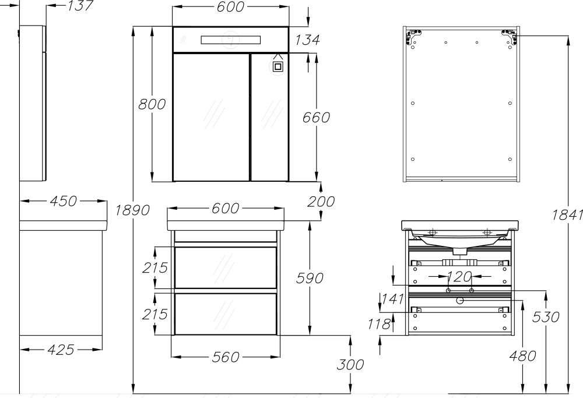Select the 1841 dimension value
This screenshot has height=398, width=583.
(567, 214)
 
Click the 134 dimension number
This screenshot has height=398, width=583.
(307, 40)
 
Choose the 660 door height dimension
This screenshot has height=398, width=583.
(316, 117)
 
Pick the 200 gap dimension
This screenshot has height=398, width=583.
(321, 202)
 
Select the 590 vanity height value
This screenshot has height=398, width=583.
(310, 278)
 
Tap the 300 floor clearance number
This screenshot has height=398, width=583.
(350, 365)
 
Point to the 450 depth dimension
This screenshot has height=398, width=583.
(62, 201)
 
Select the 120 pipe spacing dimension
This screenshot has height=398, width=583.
(460, 275)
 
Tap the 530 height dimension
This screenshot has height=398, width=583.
(546, 317)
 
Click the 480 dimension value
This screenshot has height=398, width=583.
(522, 355)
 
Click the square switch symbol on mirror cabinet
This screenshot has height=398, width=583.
(278, 66)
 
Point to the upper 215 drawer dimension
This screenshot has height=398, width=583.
(156, 267)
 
